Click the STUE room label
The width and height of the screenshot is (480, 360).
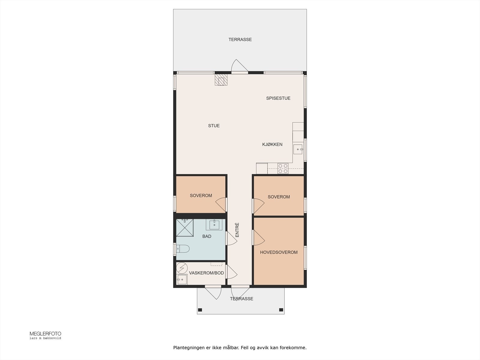click(214, 126)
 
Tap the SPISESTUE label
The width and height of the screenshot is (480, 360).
click(278, 98)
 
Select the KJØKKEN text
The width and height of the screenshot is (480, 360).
click(272, 145)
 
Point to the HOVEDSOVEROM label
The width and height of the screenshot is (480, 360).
click(279, 253)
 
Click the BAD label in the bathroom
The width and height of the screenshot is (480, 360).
click(207, 236)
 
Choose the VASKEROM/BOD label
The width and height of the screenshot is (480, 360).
click(206, 273)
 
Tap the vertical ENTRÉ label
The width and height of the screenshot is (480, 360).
click(237, 230)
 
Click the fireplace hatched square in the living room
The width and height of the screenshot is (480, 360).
click(221, 80)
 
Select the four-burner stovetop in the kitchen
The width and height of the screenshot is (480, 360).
click(283, 169)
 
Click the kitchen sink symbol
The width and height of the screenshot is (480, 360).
click(298, 149)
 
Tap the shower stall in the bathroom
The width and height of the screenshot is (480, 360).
click(185, 228)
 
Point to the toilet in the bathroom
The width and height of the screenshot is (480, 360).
click(183, 249)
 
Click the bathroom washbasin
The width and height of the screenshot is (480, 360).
click(214, 225)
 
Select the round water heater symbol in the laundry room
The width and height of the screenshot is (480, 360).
click(182, 268)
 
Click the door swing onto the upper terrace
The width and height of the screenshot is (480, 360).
click(240, 65)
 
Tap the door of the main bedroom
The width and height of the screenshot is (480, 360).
click(259, 238)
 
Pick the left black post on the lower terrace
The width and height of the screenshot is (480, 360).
click(200, 310)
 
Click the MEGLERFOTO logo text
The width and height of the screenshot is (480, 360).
click(46, 334)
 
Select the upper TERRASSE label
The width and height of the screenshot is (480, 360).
click(240, 40)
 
